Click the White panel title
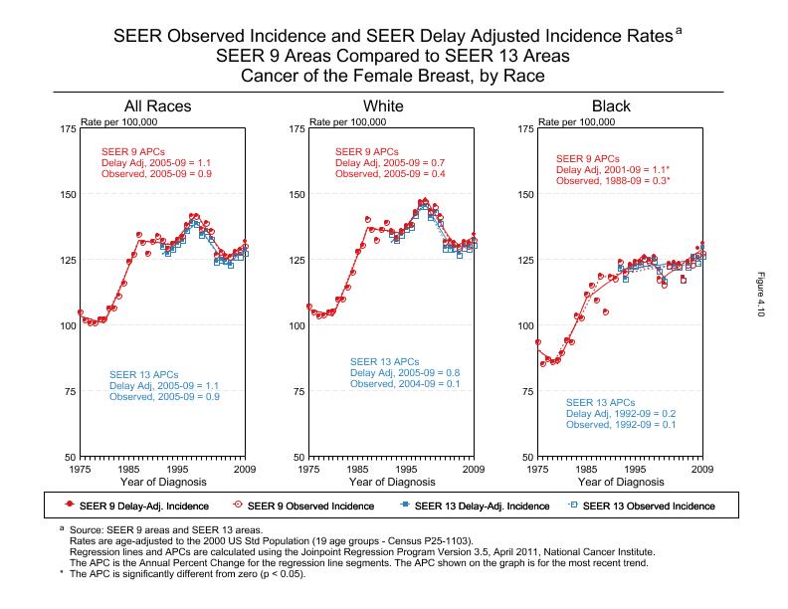(x=383, y=106)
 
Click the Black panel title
(x=611, y=106)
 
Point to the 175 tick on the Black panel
(x=525, y=129)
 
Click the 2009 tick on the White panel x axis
(x=473, y=469)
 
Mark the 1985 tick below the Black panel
(x=587, y=469)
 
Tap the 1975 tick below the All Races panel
(x=81, y=469)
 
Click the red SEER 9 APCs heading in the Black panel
(x=589, y=158)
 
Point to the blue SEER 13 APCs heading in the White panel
(x=384, y=361)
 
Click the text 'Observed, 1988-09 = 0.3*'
(x=613, y=181)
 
